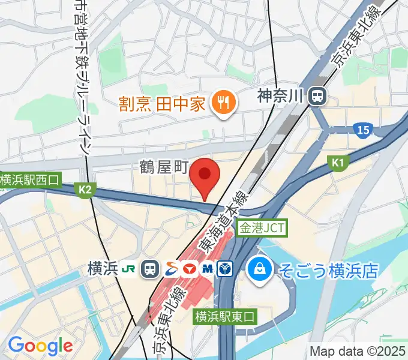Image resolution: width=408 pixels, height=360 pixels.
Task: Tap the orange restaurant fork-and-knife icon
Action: pos(223,103)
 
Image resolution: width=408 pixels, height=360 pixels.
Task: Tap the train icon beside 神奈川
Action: pos(317,95)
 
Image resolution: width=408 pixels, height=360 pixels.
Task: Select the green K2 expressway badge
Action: pos(85,190)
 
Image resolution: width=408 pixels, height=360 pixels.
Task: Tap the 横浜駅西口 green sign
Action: pos(30,179)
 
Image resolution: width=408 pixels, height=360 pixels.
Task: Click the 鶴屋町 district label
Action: pos(164,166)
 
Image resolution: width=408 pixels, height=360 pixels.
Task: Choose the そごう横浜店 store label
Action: pos(328,269)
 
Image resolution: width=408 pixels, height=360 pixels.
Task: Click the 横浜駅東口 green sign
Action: pos(225,316)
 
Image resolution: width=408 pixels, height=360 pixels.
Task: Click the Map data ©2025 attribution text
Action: pos(356,351)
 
